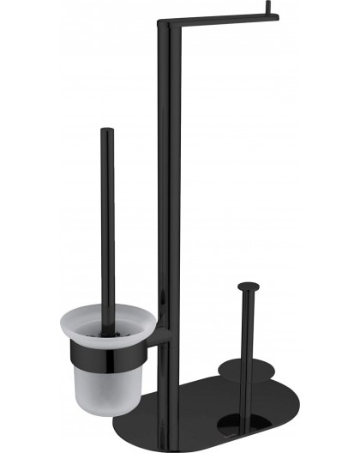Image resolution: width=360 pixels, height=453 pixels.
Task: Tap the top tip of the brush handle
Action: click(x=106, y=130)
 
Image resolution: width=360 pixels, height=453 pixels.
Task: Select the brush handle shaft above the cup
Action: click(x=107, y=223)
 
